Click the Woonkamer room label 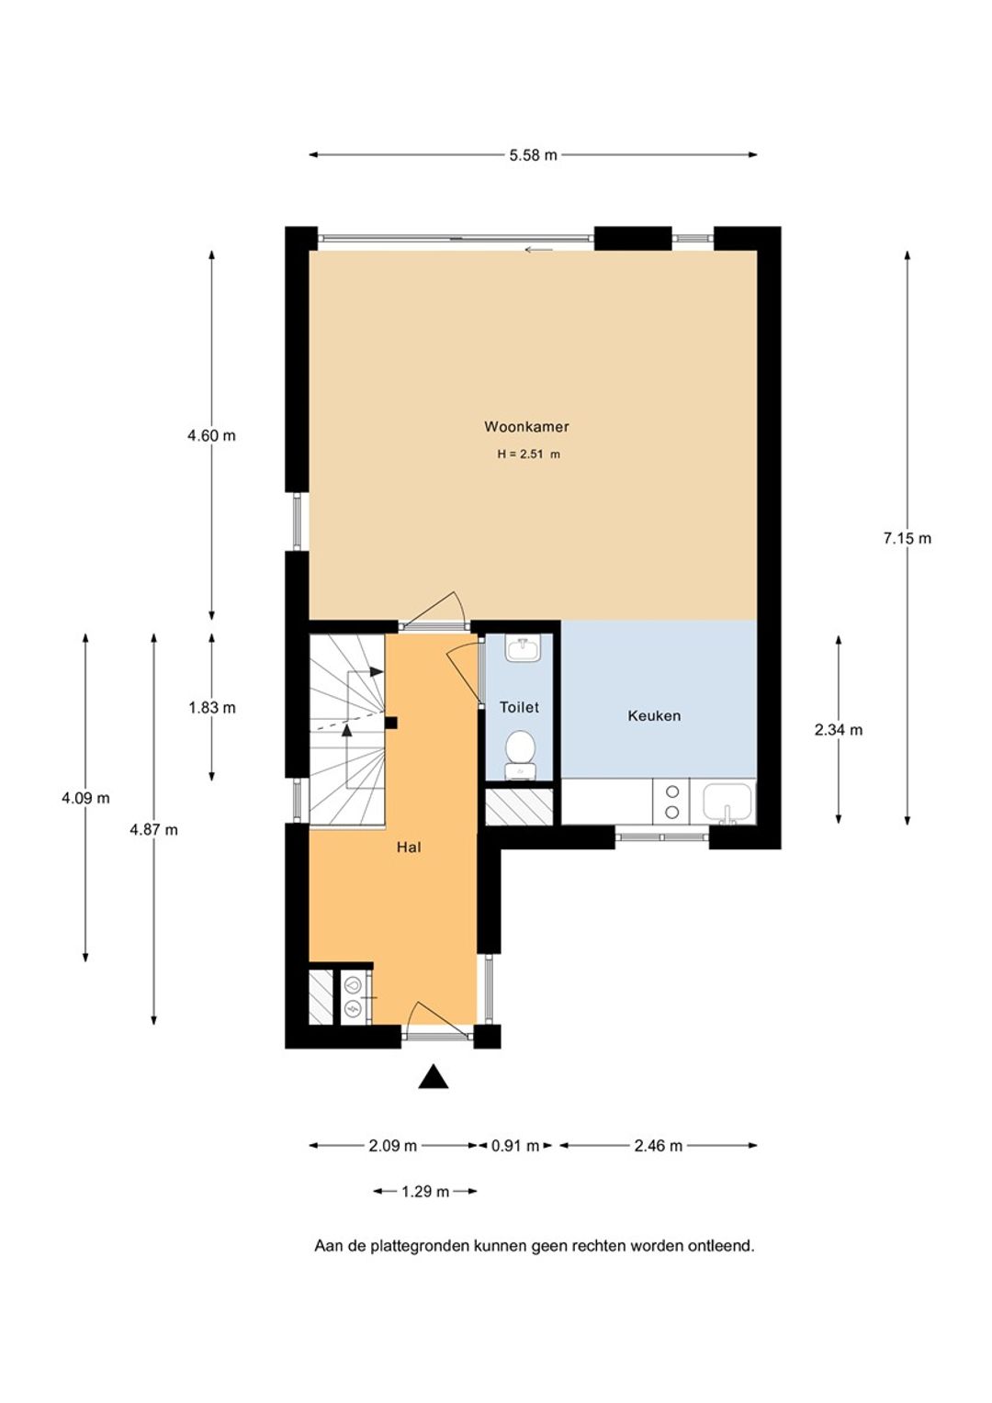tap(526, 427)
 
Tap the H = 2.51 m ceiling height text tap(528, 455)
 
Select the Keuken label tap(654, 715)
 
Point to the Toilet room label tap(519, 707)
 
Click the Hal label tap(409, 847)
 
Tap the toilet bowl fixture tap(520, 754)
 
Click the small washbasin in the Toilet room tap(524, 649)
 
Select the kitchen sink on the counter tap(727, 803)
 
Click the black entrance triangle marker tap(433, 1077)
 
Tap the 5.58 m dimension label tap(534, 154)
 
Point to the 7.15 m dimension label tap(907, 538)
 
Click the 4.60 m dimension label tap(212, 435)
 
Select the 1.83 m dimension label tap(212, 708)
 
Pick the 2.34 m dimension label tap(839, 730)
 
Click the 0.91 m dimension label tap(515, 1146)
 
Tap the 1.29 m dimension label tap(425, 1191)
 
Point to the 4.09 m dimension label tap(85, 798)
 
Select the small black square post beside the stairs tap(391, 723)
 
